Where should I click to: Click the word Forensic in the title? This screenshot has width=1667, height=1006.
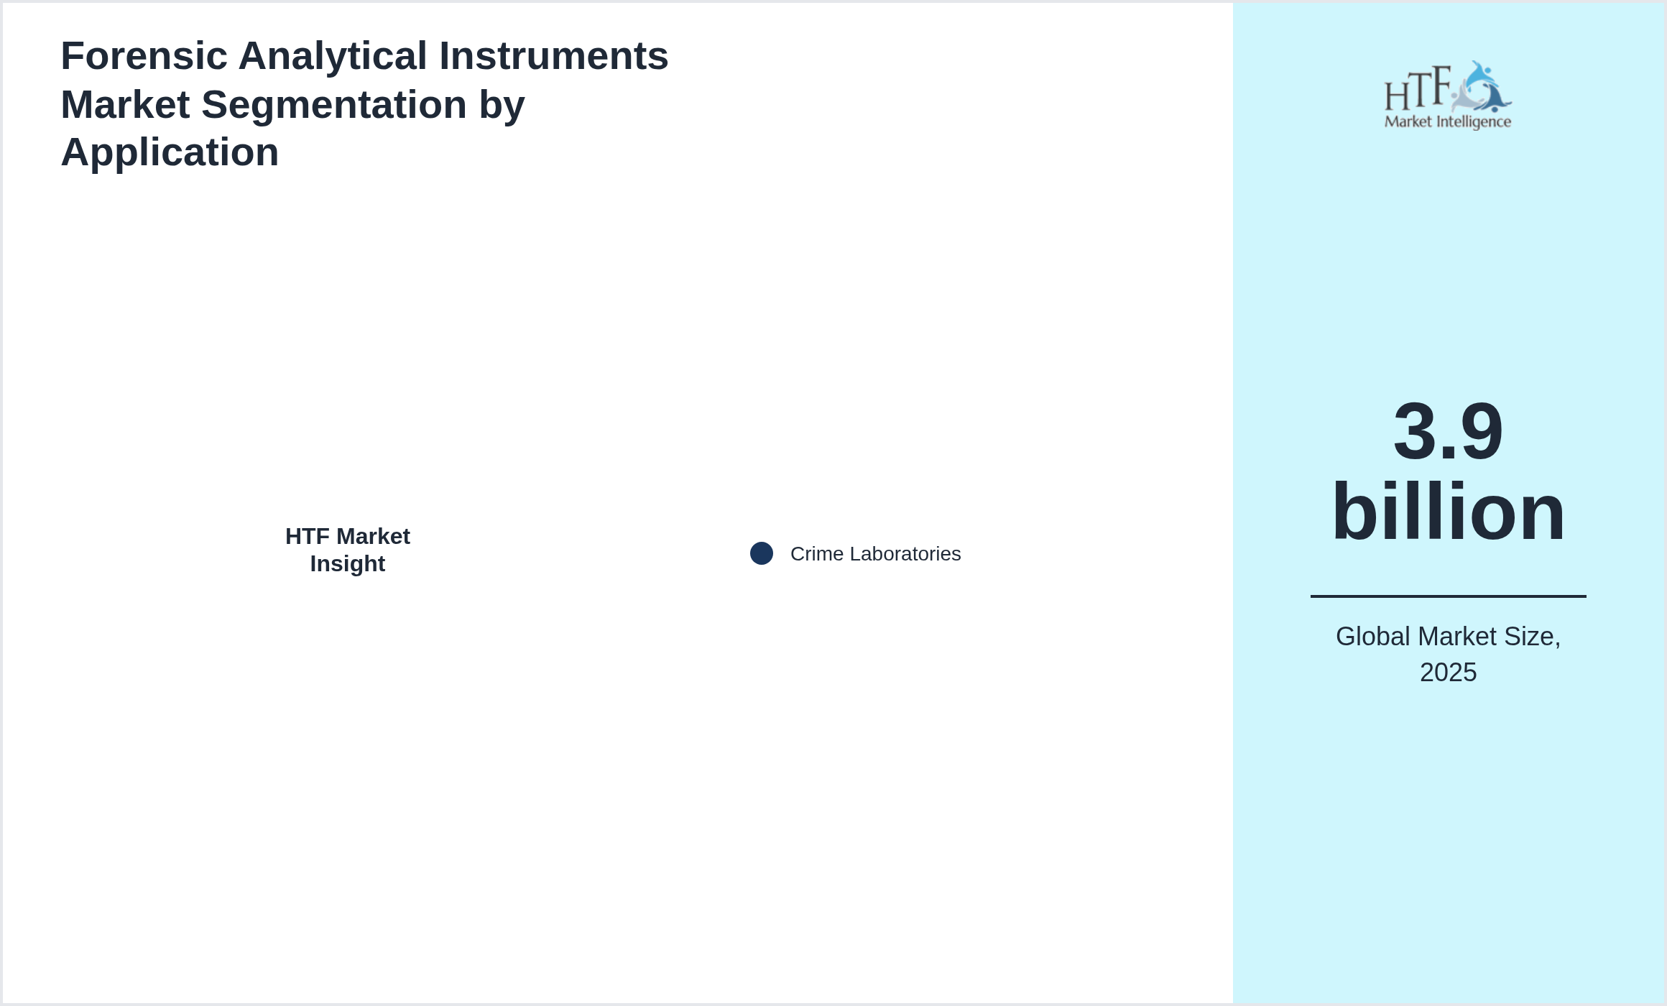point(144,56)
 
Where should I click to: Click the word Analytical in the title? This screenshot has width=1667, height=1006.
point(333,56)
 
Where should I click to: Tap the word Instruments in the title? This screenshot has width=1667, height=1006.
point(554,56)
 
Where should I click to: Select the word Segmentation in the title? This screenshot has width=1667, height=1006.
point(334,105)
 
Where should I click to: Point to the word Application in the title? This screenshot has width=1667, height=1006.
point(170,153)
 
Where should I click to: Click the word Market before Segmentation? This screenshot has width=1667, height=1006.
point(125,105)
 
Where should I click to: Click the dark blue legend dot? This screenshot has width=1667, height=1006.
point(762,553)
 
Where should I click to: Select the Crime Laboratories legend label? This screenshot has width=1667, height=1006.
point(875,554)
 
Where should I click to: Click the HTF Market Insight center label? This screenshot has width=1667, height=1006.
point(348,550)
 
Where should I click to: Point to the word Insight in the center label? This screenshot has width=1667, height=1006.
point(348,564)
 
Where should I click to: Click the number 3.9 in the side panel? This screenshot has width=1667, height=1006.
point(1448,431)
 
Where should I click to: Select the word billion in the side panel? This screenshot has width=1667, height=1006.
point(1448,512)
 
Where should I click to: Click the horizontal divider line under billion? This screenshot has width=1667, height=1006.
point(1448,596)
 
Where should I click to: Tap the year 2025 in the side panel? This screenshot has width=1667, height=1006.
point(1448,673)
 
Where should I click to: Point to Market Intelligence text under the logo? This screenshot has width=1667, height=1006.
point(1448,122)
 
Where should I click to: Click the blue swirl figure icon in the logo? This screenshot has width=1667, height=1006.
point(1482,87)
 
